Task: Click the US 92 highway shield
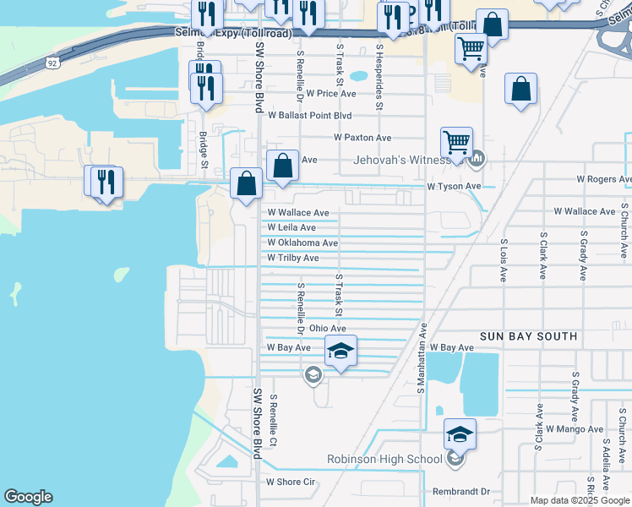(x=53, y=63)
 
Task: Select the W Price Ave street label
(x=331, y=94)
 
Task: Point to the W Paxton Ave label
(x=362, y=137)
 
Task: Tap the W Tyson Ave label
(x=454, y=186)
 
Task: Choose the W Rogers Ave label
(x=603, y=179)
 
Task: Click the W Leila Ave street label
(x=291, y=228)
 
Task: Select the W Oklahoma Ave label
(x=302, y=243)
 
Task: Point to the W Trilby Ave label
(x=292, y=258)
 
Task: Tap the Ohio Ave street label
(x=328, y=328)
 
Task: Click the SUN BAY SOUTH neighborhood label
(x=528, y=336)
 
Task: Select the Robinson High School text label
(x=384, y=460)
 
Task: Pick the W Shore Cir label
(x=290, y=482)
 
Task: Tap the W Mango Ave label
(x=575, y=429)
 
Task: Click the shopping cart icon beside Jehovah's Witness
(x=456, y=141)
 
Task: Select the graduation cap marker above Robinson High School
(x=460, y=433)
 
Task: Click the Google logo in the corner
(x=28, y=497)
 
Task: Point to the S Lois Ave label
(x=503, y=259)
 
